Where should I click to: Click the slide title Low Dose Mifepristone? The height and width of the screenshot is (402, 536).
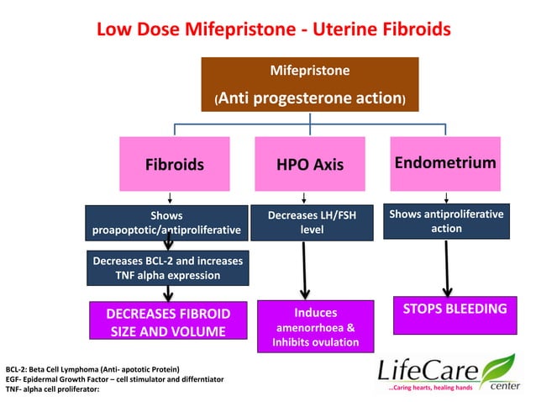pos(274,29)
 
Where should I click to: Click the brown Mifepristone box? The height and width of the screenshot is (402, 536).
pos(310,84)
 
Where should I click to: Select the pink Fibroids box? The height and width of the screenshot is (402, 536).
pos(175,164)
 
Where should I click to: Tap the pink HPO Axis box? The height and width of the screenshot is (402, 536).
pos(310,164)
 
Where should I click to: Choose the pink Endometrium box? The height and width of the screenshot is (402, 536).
pos(445,162)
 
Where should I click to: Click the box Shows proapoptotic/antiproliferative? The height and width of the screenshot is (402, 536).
pos(166,222)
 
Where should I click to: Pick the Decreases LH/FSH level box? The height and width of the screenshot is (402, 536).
pos(311,222)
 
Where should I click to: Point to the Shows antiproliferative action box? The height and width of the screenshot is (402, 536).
pos(446,221)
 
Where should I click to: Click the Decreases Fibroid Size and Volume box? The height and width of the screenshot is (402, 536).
pos(168,322)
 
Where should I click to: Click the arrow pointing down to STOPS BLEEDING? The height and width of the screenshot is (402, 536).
pos(449,267)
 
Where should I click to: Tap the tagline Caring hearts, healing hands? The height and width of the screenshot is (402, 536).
pos(423,389)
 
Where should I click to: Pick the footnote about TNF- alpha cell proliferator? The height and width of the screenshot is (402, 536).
pos(51,390)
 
